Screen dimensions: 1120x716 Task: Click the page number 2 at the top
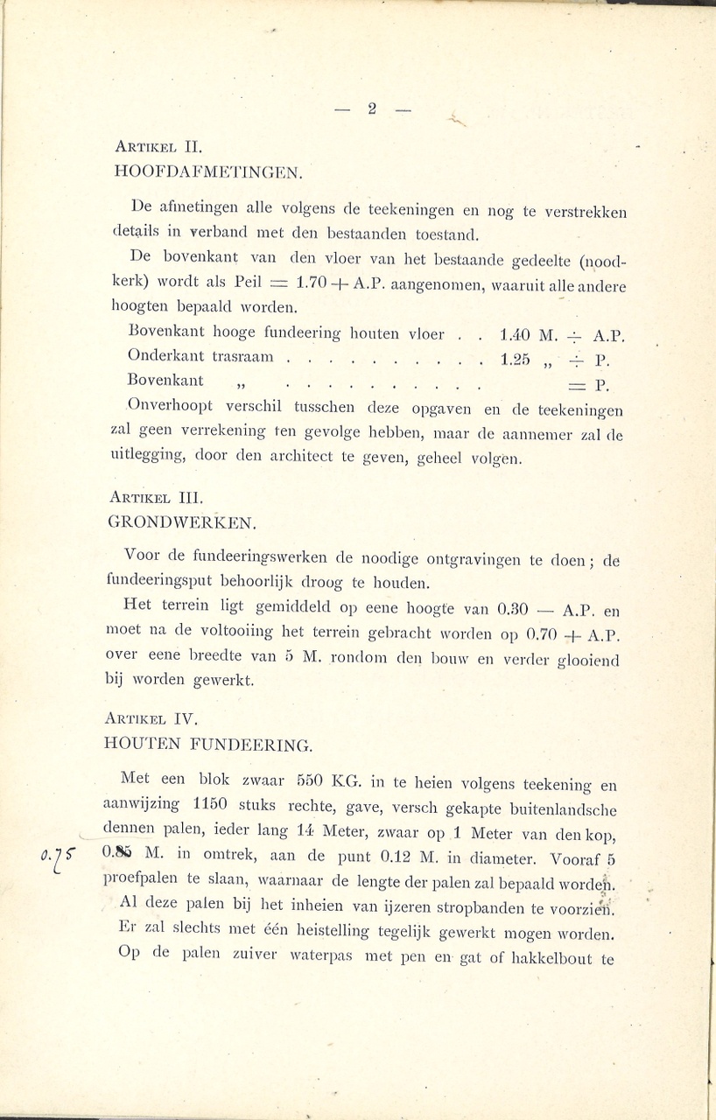coord(371,109)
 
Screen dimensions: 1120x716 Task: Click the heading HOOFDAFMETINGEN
coord(208,171)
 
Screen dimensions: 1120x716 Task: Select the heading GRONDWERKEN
coord(183,523)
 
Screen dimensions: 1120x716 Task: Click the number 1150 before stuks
coord(213,802)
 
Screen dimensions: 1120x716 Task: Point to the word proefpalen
coord(144,877)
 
